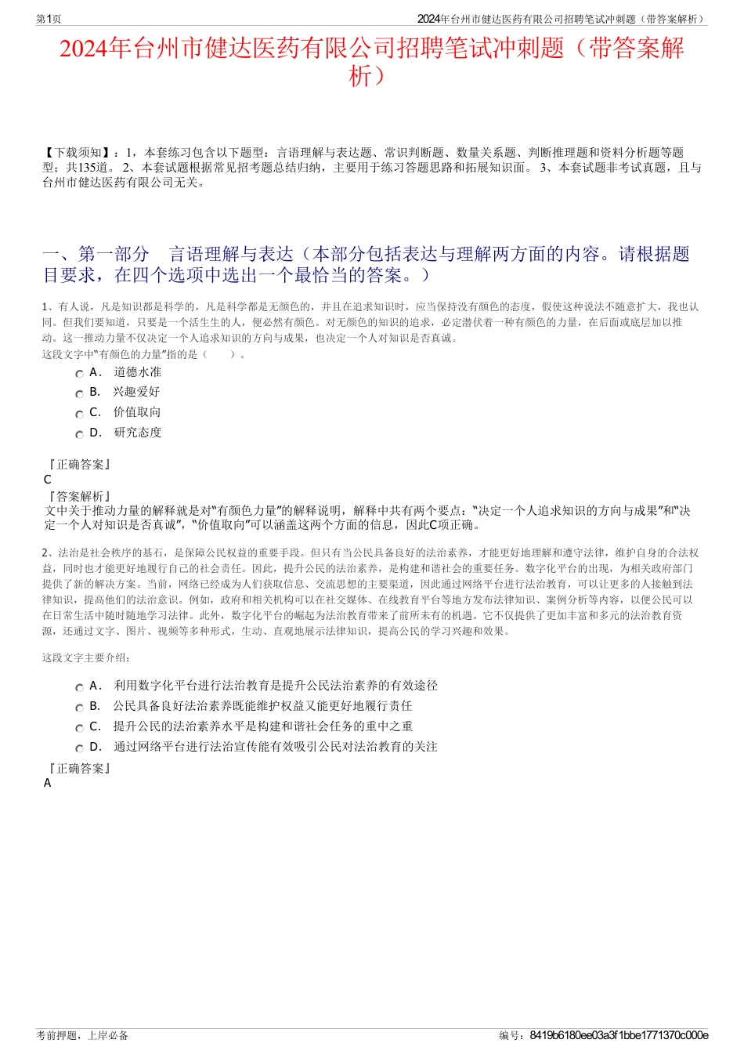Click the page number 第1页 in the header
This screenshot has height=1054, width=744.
[49, 19]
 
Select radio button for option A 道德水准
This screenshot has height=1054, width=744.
[79, 374]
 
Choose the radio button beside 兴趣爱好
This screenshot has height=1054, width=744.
[79, 393]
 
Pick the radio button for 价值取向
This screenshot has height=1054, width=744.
[79, 414]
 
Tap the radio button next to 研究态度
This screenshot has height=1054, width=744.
[79, 434]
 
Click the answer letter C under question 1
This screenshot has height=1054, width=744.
[48, 480]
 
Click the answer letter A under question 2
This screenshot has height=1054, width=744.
[48, 783]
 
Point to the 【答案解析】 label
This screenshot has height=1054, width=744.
[79, 496]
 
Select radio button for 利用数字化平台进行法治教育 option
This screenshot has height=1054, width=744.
[79, 687]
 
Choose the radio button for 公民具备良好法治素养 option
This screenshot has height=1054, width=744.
[79, 708]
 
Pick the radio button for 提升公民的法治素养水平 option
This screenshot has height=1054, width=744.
[79, 728]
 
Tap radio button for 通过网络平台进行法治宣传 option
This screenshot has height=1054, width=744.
[79, 748]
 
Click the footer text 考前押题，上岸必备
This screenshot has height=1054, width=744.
[82, 1035]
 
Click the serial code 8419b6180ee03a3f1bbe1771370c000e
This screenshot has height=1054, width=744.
[619, 1035]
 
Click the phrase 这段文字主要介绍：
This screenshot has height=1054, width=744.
[87, 657]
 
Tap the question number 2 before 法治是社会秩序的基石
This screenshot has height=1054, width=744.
[45, 552]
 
